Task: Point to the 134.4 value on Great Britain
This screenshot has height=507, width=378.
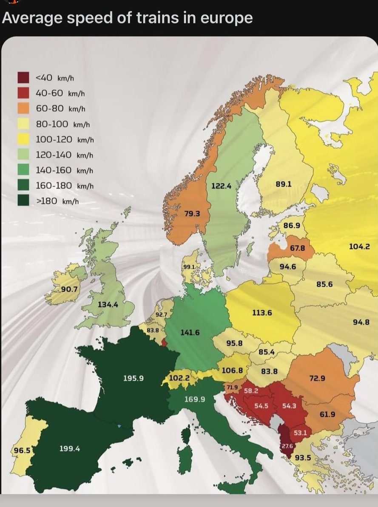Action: click(x=108, y=304)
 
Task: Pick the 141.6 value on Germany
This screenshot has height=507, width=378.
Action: click(x=190, y=332)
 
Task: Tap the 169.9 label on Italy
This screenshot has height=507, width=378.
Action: click(x=195, y=399)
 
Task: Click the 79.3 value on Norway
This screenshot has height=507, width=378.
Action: click(x=192, y=213)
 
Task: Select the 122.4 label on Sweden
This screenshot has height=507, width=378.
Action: click(x=221, y=186)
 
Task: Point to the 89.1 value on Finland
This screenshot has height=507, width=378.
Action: click(x=283, y=184)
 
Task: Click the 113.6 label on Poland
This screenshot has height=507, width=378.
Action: click(x=262, y=313)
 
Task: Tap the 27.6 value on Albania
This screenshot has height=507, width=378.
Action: click(x=288, y=446)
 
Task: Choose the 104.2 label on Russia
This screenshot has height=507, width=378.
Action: click(x=359, y=246)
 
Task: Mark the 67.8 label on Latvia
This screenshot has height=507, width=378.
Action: click(x=298, y=248)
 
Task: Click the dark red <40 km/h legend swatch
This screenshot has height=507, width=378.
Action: click(x=23, y=77)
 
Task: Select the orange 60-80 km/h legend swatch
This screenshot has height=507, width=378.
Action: click(x=23, y=108)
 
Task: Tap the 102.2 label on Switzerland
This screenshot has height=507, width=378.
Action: click(x=176, y=377)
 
